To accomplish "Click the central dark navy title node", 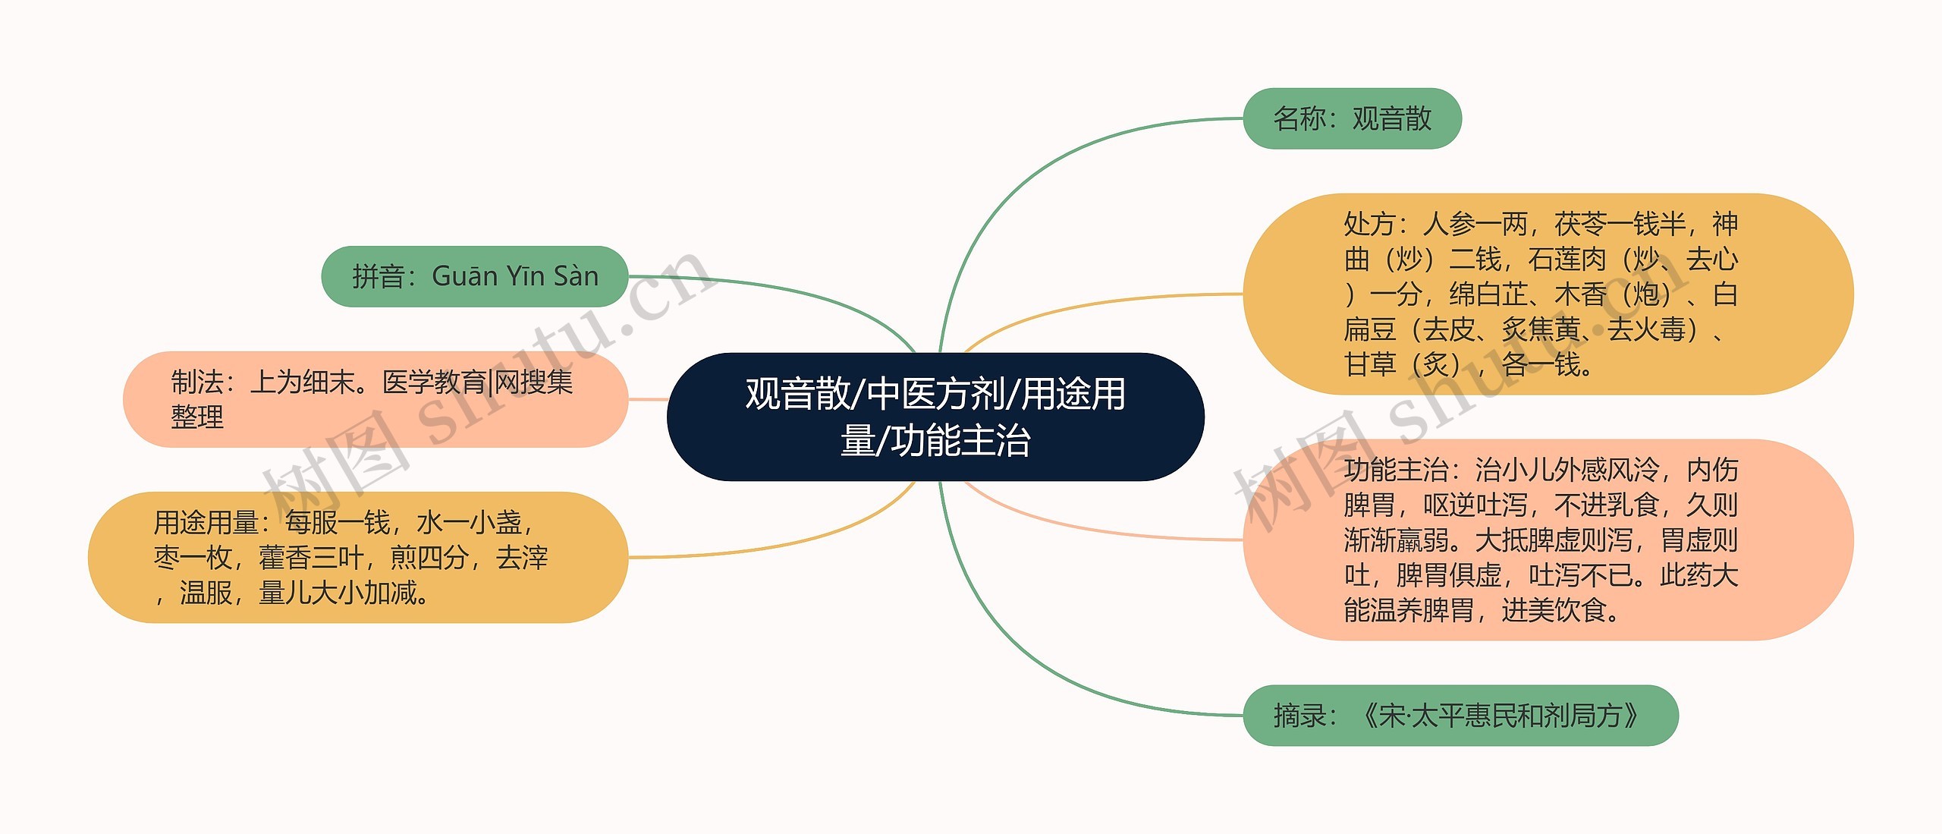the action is pyautogui.click(x=935, y=416).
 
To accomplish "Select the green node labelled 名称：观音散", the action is pyautogui.click(x=1351, y=118).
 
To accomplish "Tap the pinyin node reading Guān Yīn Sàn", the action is pyautogui.click(x=474, y=276).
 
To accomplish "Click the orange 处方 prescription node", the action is pyautogui.click(x=1548, y=294).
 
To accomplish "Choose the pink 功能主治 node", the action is pyautogui.click(x=1548, y=540).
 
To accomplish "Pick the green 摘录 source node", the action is pyautogui.click(x=1460, y=715).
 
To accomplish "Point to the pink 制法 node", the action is pyautogui.click(x=375, y=399).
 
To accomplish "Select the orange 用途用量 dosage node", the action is pyautogui.click(x=357, y=557).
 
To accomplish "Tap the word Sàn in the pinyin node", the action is pyautogui.click(x=576, y=276).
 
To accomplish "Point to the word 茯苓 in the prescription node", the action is pyautogui.click(x=1580, y=224).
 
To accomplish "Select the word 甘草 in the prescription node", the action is pyautogui.click(x=1369, y=364).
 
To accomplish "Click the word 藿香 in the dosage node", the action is pyautogui.click(x=284, y=558).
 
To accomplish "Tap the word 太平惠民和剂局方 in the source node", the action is pyautogui.click(x=1516, y=715).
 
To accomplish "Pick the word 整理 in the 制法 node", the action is pyautogui.click(x=197, y=417).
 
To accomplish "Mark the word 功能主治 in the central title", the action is pyautogui.click(x=960, y=441).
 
